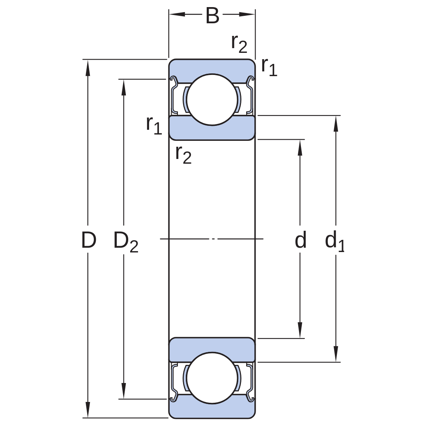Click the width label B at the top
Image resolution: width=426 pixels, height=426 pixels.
(212, 16)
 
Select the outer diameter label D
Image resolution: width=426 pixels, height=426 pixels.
(89, 240)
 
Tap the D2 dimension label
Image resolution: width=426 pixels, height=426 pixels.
(126, 242)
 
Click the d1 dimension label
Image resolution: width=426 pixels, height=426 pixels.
(335, 241)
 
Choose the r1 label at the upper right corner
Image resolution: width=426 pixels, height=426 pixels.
(269, 67)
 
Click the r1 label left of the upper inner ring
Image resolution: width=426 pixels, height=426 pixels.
(154, 125)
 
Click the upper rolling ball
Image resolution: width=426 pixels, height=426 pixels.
(212, 100)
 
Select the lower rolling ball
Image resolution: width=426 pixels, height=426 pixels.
(212, 378)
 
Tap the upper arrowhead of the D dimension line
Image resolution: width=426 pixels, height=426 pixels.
(88, 68)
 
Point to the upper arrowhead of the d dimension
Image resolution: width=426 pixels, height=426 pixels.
(300, 148)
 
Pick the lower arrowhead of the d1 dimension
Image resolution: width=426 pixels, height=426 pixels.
(336, 354)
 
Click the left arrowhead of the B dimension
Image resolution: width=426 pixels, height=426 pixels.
(177, 14)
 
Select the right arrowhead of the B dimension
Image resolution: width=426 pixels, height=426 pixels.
(247, 14)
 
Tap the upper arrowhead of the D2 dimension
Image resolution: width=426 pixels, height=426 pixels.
(123, 88)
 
